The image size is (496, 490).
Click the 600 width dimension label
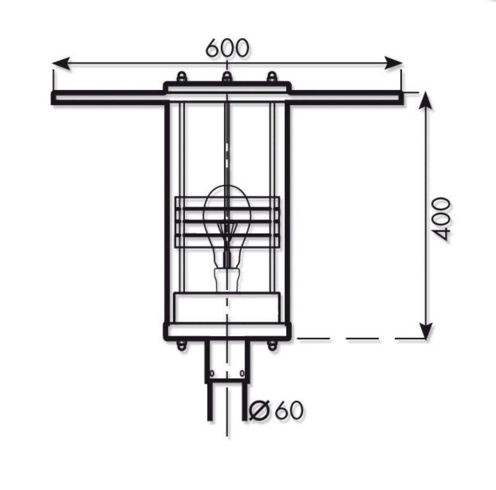[x=227, y=48]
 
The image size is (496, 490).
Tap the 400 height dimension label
[x=441, y=219]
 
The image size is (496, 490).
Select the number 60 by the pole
[x=288, y=410]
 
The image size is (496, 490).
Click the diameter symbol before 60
[x=259, y=410]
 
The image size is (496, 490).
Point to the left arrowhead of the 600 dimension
[x=61, y=63]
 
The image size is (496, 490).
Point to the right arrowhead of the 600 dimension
[x=393, y=63]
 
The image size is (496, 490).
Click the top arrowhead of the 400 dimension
[x=426, y=100]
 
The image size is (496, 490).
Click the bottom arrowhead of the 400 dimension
[x=426, y=331]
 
